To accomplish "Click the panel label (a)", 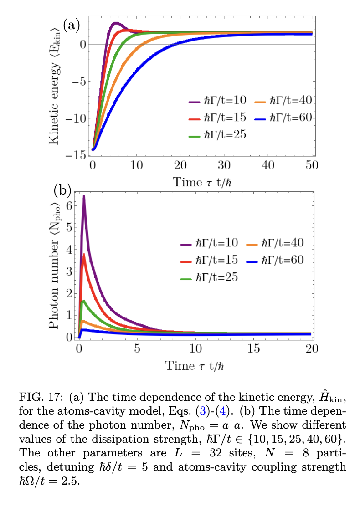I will point(72,25).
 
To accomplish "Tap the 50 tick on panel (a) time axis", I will point(312,165).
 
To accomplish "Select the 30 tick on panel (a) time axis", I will point(224,165).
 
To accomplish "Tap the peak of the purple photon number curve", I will point(84,197).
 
